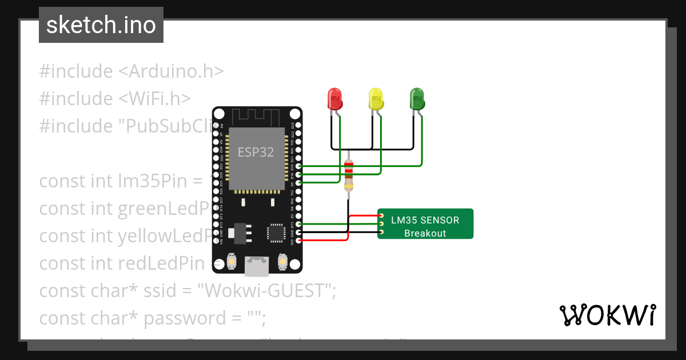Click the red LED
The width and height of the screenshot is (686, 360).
334,98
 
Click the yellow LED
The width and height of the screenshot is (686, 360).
376,98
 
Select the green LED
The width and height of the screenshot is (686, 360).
417,98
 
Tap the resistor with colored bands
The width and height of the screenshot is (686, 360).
348,174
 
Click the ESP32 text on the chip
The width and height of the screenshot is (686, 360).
256,152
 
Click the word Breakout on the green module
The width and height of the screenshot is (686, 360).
425,233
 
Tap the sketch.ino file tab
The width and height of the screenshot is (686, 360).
101,25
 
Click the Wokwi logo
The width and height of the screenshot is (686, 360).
607,315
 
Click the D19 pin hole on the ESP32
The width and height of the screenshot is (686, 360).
298,166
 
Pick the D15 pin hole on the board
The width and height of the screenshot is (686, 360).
298,225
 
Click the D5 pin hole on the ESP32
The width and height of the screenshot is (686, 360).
298,182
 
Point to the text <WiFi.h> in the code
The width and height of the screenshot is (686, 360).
154,99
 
